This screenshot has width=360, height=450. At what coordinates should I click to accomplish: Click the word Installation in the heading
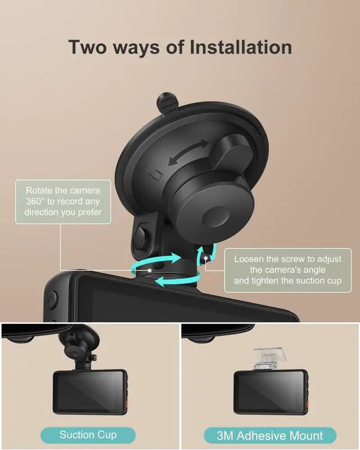click(241, 47)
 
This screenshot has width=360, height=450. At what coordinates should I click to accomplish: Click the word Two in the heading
click(87, 47)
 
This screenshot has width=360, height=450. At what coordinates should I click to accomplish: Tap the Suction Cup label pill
click(88, 435)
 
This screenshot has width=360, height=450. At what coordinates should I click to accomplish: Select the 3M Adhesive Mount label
click(270, 435)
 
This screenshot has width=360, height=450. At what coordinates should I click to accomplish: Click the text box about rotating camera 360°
click(63, 201)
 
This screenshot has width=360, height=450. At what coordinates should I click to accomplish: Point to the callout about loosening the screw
click(287, 270)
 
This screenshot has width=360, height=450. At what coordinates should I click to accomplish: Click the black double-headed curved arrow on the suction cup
click(188, 152)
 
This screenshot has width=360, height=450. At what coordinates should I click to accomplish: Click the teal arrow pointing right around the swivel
click(156, 260)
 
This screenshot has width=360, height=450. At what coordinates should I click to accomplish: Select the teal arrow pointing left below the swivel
click(177, 281)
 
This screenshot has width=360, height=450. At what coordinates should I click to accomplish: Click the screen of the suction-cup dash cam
click(90, 391)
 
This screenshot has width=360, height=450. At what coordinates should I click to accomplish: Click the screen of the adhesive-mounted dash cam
click(271, 391)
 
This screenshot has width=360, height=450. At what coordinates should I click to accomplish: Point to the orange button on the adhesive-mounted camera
click(307, 403)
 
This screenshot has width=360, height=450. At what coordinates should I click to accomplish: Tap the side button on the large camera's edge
click(52, 300)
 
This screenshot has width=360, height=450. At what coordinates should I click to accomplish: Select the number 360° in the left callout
click(35, 201)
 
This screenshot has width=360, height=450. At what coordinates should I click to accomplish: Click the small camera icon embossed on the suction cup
click(155, 174)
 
